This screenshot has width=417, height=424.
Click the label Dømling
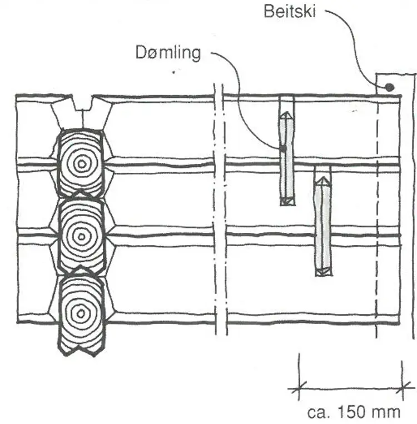point(168,53)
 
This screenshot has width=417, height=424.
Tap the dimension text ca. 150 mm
point(354,412)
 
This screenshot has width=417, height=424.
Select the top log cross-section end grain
point(82,163)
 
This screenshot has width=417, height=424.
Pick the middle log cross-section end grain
point(82,236)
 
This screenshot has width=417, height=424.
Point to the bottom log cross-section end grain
point(82,312)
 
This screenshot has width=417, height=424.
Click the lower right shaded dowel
point(322,226)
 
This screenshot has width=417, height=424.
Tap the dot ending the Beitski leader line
point(390,87)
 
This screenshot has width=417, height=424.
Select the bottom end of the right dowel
point(322,272)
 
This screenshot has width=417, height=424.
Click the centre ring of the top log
point(82,163)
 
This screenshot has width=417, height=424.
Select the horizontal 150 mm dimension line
point(350,389)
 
